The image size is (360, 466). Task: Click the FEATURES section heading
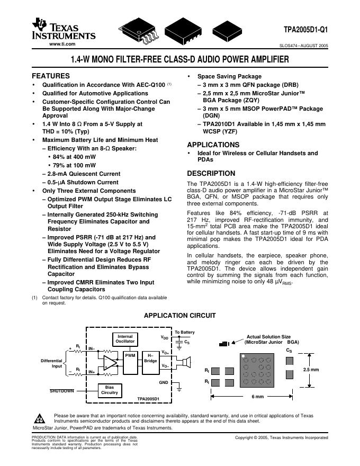coord(51,76)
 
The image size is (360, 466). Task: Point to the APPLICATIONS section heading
coord(213,145)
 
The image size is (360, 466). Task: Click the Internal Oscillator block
coord(125,339)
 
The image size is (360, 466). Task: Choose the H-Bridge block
coord(150,359)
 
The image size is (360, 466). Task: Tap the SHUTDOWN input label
coord(62,391)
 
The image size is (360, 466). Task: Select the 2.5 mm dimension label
coord(311,370)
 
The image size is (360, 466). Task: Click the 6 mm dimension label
coord(258,397)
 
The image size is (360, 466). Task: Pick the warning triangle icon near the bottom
coord(42,418)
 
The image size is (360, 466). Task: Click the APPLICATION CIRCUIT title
coord(180,316)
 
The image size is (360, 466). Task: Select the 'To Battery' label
coord(185,332)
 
